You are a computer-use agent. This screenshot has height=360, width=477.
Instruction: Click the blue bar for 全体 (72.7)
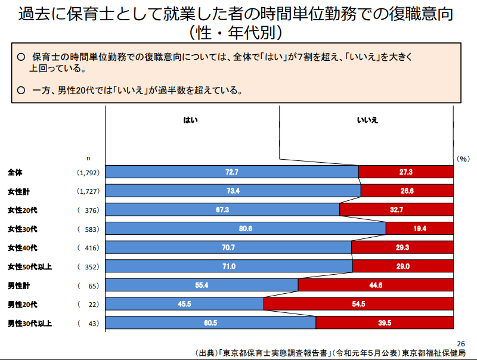coord(232,172)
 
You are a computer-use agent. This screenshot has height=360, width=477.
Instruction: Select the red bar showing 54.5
coord(358,304)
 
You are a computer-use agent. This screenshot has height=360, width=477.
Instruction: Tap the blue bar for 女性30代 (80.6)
coord(246,228)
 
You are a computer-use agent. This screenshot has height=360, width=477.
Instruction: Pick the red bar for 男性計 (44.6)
coord(376,285)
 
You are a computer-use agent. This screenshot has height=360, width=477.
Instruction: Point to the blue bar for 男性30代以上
coord(210,323)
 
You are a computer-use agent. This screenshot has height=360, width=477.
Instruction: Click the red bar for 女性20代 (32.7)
coord(397,209)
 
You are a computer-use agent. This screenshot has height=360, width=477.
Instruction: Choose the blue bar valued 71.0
coord(229,266)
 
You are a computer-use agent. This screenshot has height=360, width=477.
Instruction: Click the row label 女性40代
coord(22,247)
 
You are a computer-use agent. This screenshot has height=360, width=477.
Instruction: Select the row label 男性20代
coord(22,305)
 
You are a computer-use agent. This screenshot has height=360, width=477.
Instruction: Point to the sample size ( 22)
coord(88,305)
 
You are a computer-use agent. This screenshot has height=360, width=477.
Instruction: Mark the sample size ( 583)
coord(88,229)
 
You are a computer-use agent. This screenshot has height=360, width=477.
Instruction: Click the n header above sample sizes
coord(88,158)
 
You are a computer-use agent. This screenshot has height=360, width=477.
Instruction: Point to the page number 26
coord(460,344)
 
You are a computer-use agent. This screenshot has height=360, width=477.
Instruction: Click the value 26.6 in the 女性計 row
coord(407,191)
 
